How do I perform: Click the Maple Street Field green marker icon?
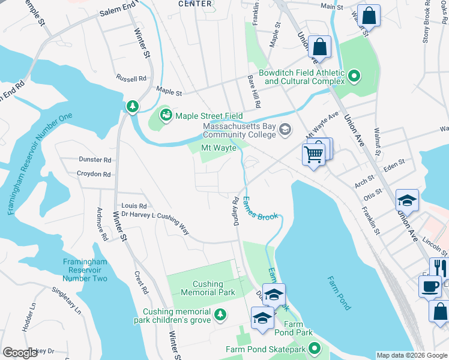coord(164,114)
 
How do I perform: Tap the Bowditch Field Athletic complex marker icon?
coord(354,76)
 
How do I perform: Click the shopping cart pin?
coord(313,154)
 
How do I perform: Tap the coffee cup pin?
coord(429,286)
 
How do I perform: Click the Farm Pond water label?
coord(339,293)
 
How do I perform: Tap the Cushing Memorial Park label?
coord(208,288)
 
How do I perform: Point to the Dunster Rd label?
coord(95,160)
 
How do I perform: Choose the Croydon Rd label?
coord(94,175)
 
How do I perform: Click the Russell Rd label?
coord(131,79)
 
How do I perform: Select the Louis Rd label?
coord(134,206)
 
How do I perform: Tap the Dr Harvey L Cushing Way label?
coord(155,220)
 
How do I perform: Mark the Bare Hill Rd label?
coord(254,91)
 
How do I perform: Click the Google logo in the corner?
coord(20,353)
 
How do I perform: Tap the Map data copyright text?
coord(412,355)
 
